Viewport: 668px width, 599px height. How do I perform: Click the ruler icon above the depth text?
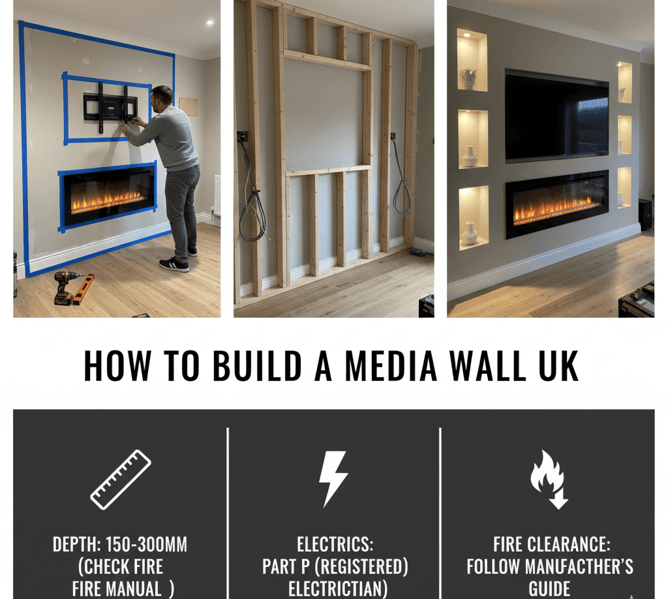coord(121,480)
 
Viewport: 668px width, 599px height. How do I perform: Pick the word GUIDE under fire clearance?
coord(549,589)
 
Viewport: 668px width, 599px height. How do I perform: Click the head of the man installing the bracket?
coord(164,96)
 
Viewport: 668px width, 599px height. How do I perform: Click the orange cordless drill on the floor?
coord(65,285)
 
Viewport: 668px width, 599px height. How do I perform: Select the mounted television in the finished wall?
coord(556,116)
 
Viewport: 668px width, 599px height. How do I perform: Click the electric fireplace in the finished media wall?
coord(556,204)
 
